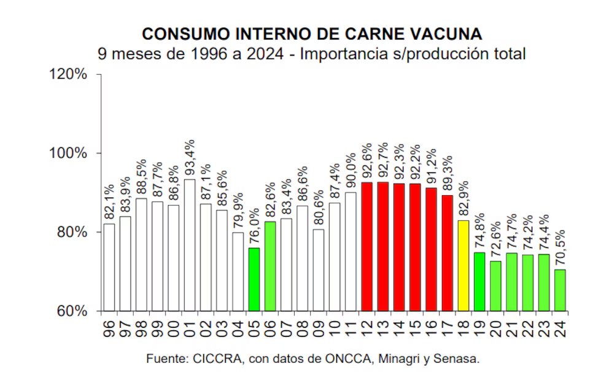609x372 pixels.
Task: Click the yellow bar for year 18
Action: pyautogui.click(x=463, y=265)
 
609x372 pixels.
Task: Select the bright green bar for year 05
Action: pyautogui.click(x=254, y=279)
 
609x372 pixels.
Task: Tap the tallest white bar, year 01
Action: pyautogui.click(x=190, y=245)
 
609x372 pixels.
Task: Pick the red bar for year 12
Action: pyautogui.click(x=367, y=246)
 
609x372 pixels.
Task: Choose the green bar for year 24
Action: pyautogui.click(x=560, y=290)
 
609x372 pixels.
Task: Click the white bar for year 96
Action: pyautogui.click(x=109, y=267)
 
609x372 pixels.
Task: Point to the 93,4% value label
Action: pyautogui.click(x=190, y=157)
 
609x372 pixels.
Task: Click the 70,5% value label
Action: pyautogui.click(x=561, y=248)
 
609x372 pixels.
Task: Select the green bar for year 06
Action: pyautogui.click(x=270, y=266)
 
